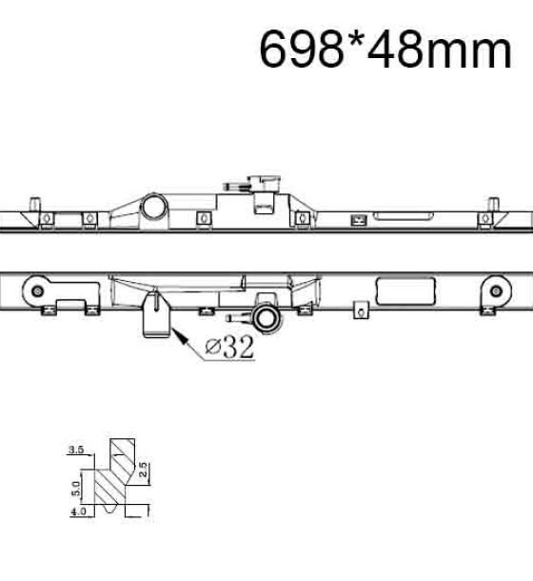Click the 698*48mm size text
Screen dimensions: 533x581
pos(385,50)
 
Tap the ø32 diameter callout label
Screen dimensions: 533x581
pos(230,348)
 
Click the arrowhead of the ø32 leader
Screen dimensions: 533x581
pos(178,334)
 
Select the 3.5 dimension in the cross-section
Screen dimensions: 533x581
pos(76,451)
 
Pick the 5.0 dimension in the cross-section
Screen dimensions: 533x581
pos(76,489)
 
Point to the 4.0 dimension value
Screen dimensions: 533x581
pos(78,511)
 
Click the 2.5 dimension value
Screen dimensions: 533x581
pos(143,470)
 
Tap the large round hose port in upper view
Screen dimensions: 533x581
pos(155,207)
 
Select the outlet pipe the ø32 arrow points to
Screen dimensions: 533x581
pos(156,315)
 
